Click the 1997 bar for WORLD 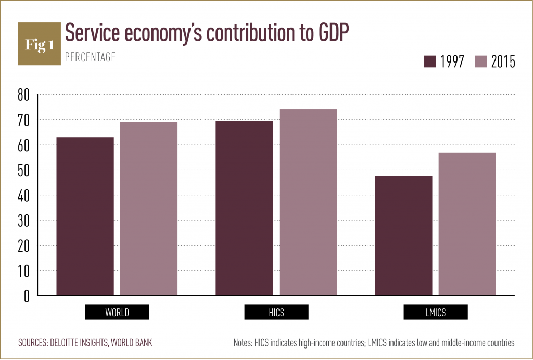(85, 216)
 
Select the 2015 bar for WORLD (149, 209)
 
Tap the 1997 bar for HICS (244, 208)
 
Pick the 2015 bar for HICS (308, 202)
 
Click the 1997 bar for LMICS (403, 235)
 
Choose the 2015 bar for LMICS (467, 224)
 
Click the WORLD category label (117, 313)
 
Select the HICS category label (276, 313)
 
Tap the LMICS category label (436, 313)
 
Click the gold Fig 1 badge (40, 44)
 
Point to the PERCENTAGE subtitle (90, 58)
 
